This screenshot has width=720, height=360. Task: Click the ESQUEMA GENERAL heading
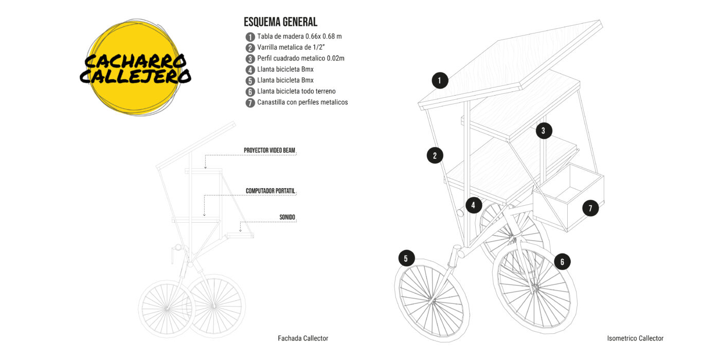pos(280,22)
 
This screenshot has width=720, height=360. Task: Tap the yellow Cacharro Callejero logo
pos(135,67)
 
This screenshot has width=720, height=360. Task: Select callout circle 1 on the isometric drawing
pos(440,80)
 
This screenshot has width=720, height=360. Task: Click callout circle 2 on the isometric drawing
pos(435,155)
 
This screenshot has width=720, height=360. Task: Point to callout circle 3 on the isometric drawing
pos(544,131)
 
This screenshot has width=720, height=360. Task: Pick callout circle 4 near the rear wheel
pos(473,205)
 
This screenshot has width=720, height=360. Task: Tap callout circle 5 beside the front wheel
pos(406,258)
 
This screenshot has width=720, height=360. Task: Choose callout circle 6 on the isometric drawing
pos(562,262)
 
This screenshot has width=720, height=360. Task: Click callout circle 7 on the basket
pos(590,208)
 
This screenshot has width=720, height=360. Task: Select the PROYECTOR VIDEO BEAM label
pos(269,150)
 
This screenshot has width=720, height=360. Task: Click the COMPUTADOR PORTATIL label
pos(271,191)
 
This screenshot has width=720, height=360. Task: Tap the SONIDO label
pos(287,217)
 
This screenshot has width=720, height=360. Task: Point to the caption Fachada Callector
pos(303,338)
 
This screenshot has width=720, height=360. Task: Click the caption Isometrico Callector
pos(635,338)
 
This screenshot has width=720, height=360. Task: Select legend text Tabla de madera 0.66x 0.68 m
pos(299,37)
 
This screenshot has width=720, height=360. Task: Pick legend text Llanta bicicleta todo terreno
pos(296,92)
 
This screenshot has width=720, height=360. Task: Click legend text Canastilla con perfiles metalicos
pos(302,102)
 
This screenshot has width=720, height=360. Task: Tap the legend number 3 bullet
pos(250,59)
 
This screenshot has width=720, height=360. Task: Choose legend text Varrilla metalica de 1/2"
pos(291,47)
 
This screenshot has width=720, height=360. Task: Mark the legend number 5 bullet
pos(250,81)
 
